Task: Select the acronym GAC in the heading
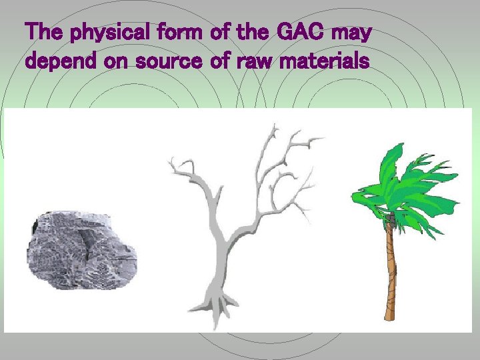click(x=292, y=32)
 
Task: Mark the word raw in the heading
click(x=266, y=62)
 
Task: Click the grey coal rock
click(x=80, y=247)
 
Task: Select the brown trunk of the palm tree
click(x=389, y=267)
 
